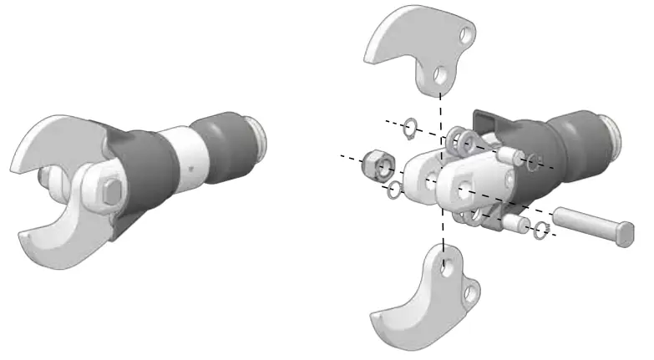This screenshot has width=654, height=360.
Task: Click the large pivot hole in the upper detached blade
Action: click(x=439, y=79)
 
